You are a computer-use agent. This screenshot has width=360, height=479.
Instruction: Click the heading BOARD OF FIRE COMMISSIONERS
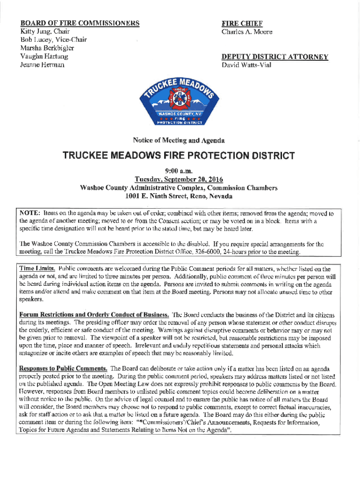pyautogui.click(x=79, y=23)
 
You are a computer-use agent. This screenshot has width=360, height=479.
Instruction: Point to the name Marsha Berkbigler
pyautogui.click(x=47, y=48)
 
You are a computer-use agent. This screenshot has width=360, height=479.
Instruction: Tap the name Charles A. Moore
pyautogui.click(x=247, y=32)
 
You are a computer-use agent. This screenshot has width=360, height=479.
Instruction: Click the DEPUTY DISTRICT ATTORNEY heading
pyautogui.click(x=274, y=57)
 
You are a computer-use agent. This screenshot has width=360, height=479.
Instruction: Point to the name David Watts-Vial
pyautogui.click(x=246, y=65)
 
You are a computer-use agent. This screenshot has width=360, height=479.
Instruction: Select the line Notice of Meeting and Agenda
pyautogui.click(x=179, y=140)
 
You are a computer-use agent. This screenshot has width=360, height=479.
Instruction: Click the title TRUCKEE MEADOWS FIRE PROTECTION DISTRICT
pyautogui.click(x=179, y=156)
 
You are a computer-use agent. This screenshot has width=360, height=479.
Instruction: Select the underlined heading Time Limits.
pyautogui.click(x=37, y=269)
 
